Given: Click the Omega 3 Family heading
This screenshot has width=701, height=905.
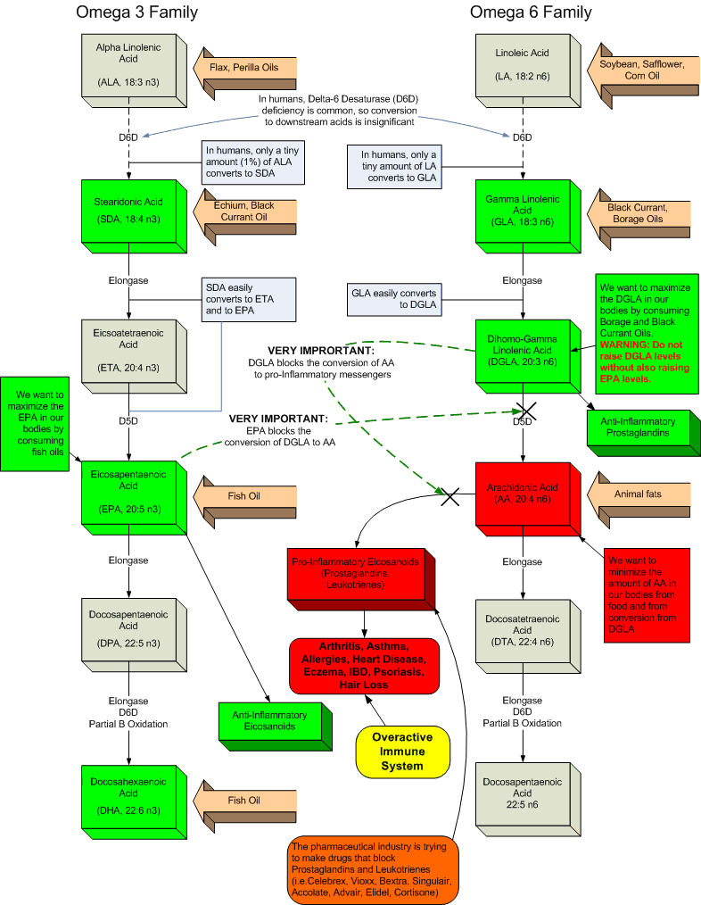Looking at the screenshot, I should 137,12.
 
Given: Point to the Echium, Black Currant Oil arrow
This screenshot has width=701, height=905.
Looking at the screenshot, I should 245,218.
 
